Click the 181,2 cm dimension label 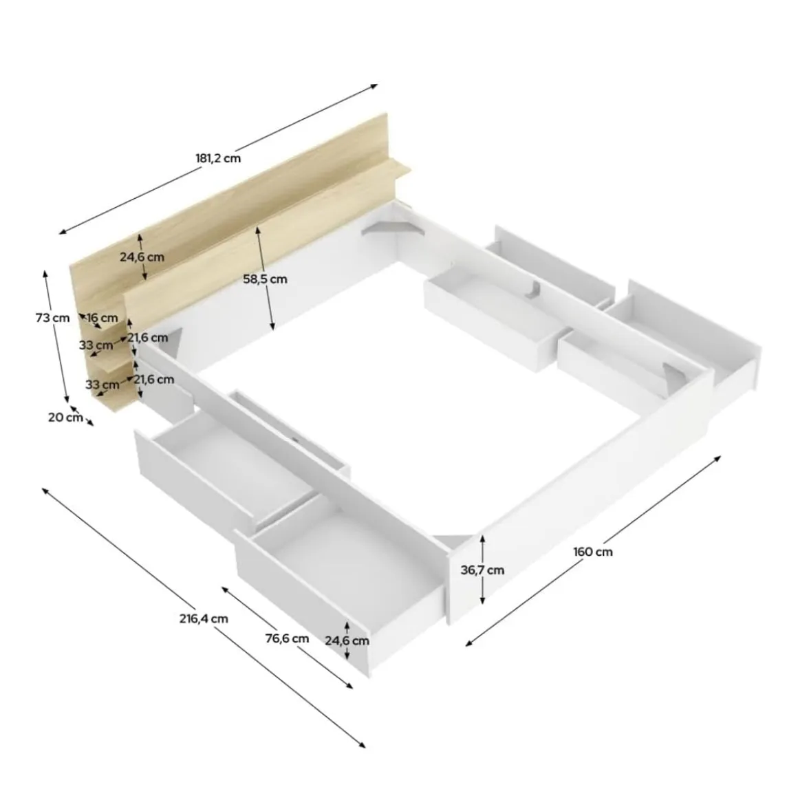coord(218,158)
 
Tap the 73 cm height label coord(52,318)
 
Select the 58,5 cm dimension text coord(265,279)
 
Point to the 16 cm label coord(103,318)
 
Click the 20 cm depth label coord(65,418)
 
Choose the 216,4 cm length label coord(204,619)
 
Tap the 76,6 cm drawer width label coord(287,638)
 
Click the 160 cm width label coord(593,552)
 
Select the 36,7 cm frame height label coord(482,570)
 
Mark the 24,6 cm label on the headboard coord(142,257)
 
